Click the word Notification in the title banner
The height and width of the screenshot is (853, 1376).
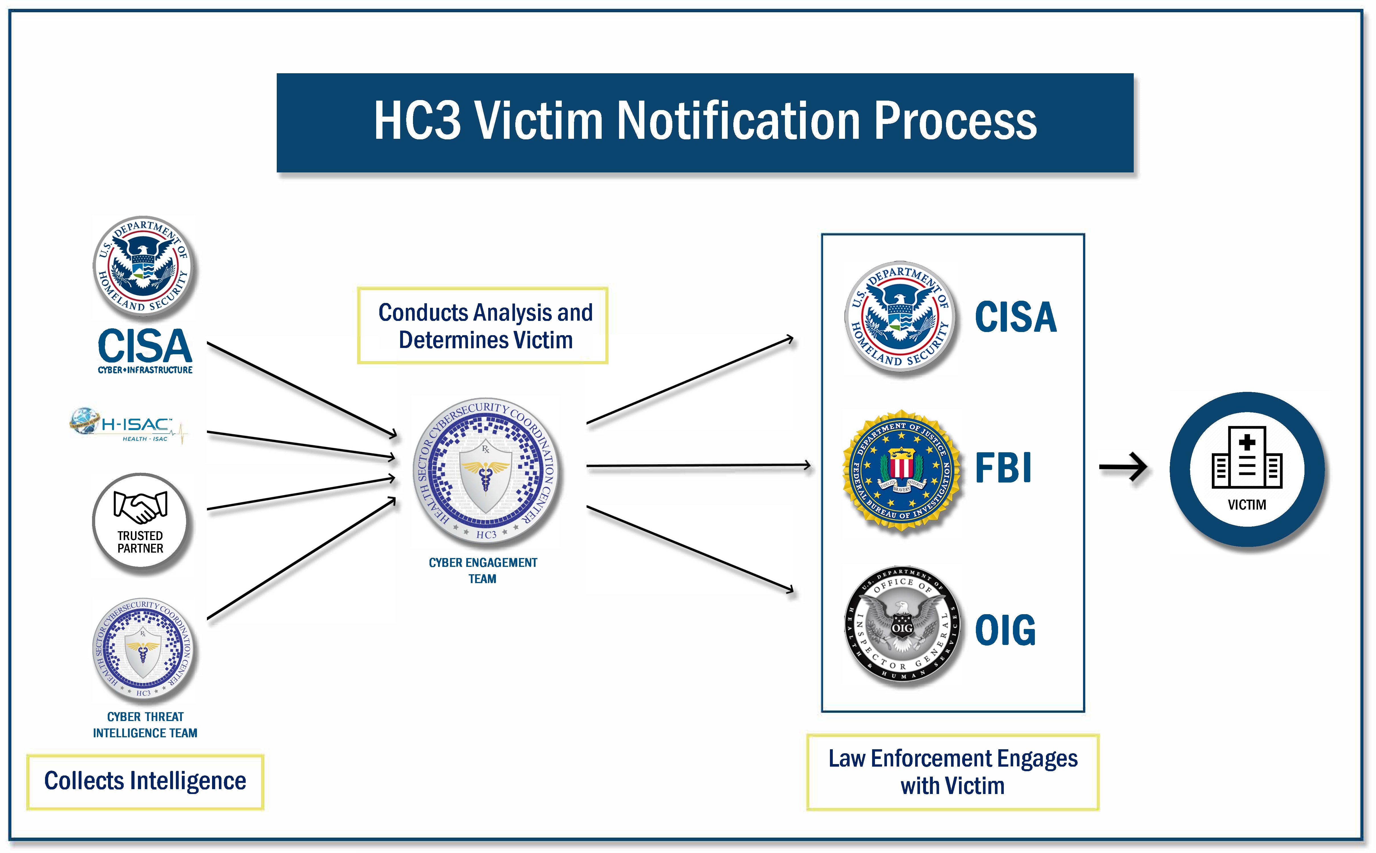(x=739, y=121)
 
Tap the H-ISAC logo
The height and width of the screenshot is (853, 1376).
(x=129, y=426)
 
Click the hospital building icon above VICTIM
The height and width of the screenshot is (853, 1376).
(x=1247, y=458)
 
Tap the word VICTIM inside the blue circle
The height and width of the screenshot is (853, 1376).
(x=1247, y=505)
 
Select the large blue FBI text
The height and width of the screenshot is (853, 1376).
(x=1003, y=468)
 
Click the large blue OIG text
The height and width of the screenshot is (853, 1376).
(x=1005, y=630)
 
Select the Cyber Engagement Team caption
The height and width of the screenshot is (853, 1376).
(x=483, y=570)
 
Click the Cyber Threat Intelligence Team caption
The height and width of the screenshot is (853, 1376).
(x=145, y=725)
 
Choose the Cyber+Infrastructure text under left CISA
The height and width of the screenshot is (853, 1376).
(x=145, y=370)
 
